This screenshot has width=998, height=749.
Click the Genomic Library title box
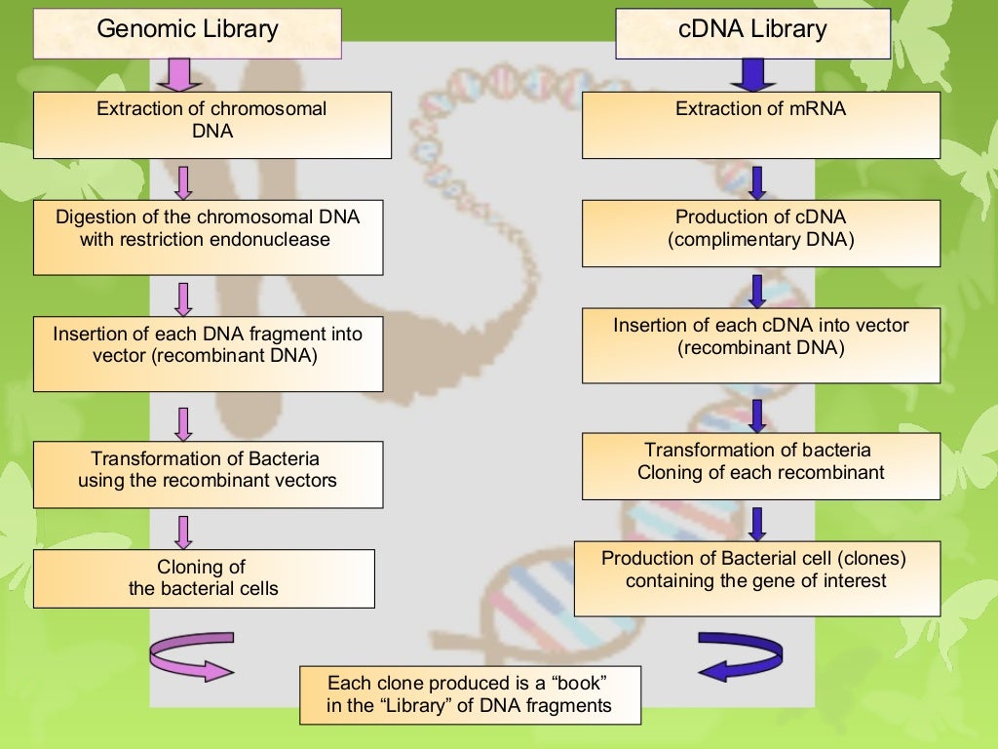click(x=188, y=31)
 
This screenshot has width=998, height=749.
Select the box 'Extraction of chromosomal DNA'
click(x=212, y=125)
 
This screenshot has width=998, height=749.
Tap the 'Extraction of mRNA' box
click(x=760, y=125)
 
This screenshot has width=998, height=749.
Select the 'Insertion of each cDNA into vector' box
click(x=760, y=345)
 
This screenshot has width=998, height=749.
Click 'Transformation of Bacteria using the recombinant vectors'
click(x=208, y=474)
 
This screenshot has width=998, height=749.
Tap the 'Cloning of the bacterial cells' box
click(x=204, y=578)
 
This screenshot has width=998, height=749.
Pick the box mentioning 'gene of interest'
click(x=756, y=577)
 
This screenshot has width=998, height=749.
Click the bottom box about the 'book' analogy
click(x=470, y=694)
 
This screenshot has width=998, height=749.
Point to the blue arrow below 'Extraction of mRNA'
click(x=757, y=182)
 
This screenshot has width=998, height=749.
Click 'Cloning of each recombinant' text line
click(x=760, y=473)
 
